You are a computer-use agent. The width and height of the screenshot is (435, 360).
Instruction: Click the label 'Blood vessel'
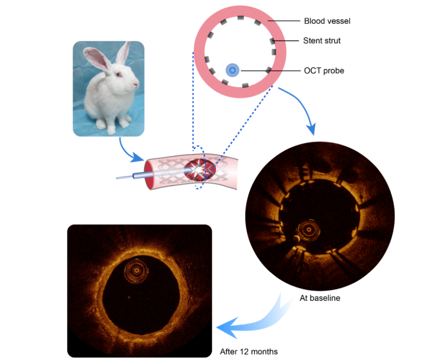(327, 21)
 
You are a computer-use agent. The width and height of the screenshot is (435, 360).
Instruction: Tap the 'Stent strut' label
(322, 40)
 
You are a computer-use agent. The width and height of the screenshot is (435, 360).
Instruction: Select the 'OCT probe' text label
(324, 71)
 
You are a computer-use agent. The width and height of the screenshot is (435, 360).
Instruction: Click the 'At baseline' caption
(319, 298)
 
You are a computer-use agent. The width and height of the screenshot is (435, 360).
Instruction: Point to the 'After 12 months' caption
(249, 351)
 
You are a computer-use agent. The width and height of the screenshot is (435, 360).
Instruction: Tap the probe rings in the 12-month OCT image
(136, 271)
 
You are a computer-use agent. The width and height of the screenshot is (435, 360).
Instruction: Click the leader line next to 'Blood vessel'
(282, 21)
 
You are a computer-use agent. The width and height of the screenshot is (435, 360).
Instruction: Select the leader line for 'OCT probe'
(269, 71)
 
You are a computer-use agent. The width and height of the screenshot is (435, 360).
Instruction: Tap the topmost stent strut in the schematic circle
(240, 18)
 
